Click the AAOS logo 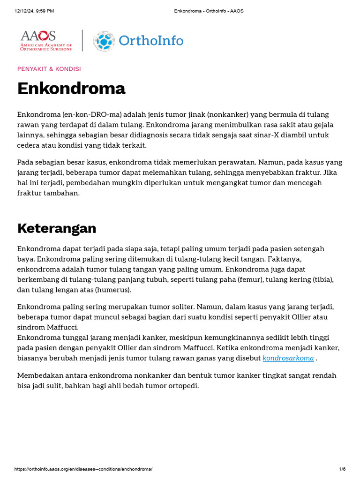(46, 40)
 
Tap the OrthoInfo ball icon (104, 41)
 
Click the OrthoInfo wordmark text (151, 41)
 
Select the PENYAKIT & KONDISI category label (49, 69)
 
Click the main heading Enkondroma (71, 89)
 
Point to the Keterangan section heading (57, 228)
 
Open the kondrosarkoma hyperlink (288, 358)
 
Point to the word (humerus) (112, 290)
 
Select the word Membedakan (38, 375)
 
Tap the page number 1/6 (342, 469)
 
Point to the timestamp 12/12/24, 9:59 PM (34, 11)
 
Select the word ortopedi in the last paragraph (185, 386)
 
